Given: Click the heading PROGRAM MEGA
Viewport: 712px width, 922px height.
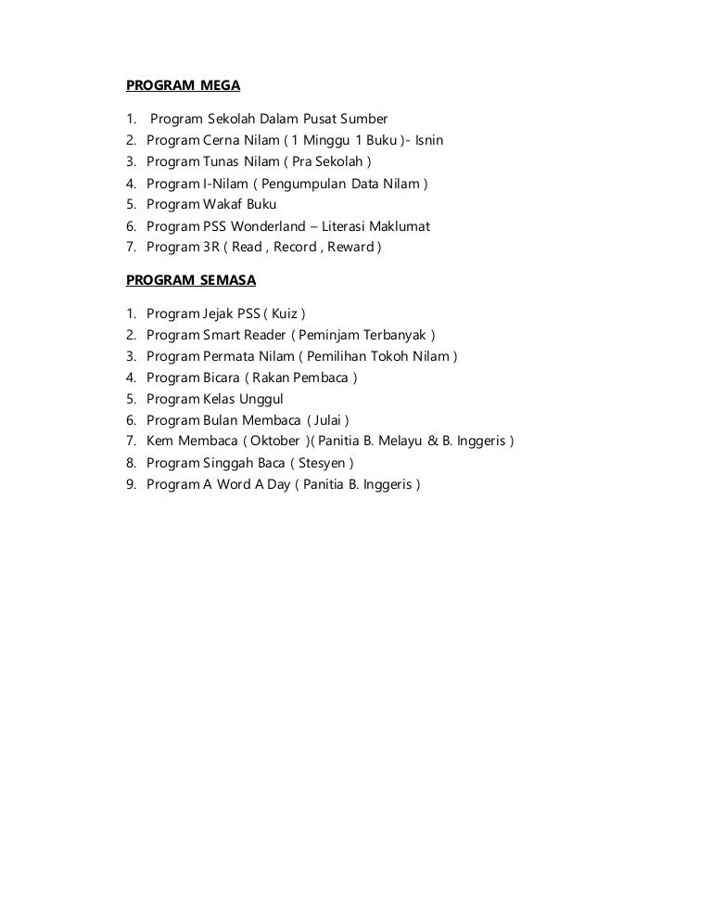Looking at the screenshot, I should [x=183, y=86].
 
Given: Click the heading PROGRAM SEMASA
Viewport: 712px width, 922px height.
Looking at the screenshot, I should [x=191, y=279].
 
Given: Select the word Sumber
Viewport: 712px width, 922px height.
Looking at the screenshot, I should [x=364, y=120].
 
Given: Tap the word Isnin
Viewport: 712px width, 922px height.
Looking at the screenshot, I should [x=428, y=141].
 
